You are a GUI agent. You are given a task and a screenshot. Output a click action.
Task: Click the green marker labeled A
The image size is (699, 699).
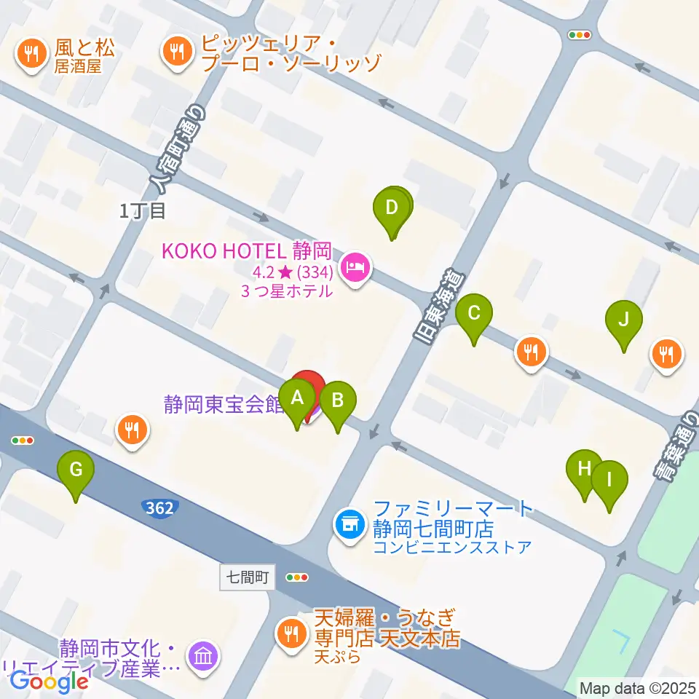tap(296, 399)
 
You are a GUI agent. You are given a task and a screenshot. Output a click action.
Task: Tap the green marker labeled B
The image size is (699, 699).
tap(338, 401)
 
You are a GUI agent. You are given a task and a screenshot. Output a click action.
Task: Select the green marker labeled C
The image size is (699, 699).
tap(473, 315)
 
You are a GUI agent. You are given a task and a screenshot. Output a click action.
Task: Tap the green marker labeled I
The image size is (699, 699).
tap(609, 481)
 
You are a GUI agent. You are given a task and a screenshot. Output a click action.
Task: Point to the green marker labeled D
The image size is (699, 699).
tap(392, 209)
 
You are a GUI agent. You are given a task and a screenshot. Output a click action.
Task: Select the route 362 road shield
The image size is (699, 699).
tap(159, 508)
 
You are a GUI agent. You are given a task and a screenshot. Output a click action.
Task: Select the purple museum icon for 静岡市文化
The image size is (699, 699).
tap(202, 655)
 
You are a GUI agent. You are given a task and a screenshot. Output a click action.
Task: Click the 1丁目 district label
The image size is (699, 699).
tap(143, 211)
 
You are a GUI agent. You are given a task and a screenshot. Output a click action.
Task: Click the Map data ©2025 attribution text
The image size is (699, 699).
tap(637, 687)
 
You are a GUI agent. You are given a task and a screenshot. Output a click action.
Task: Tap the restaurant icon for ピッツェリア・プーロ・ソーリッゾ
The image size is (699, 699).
tap(175, 52)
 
